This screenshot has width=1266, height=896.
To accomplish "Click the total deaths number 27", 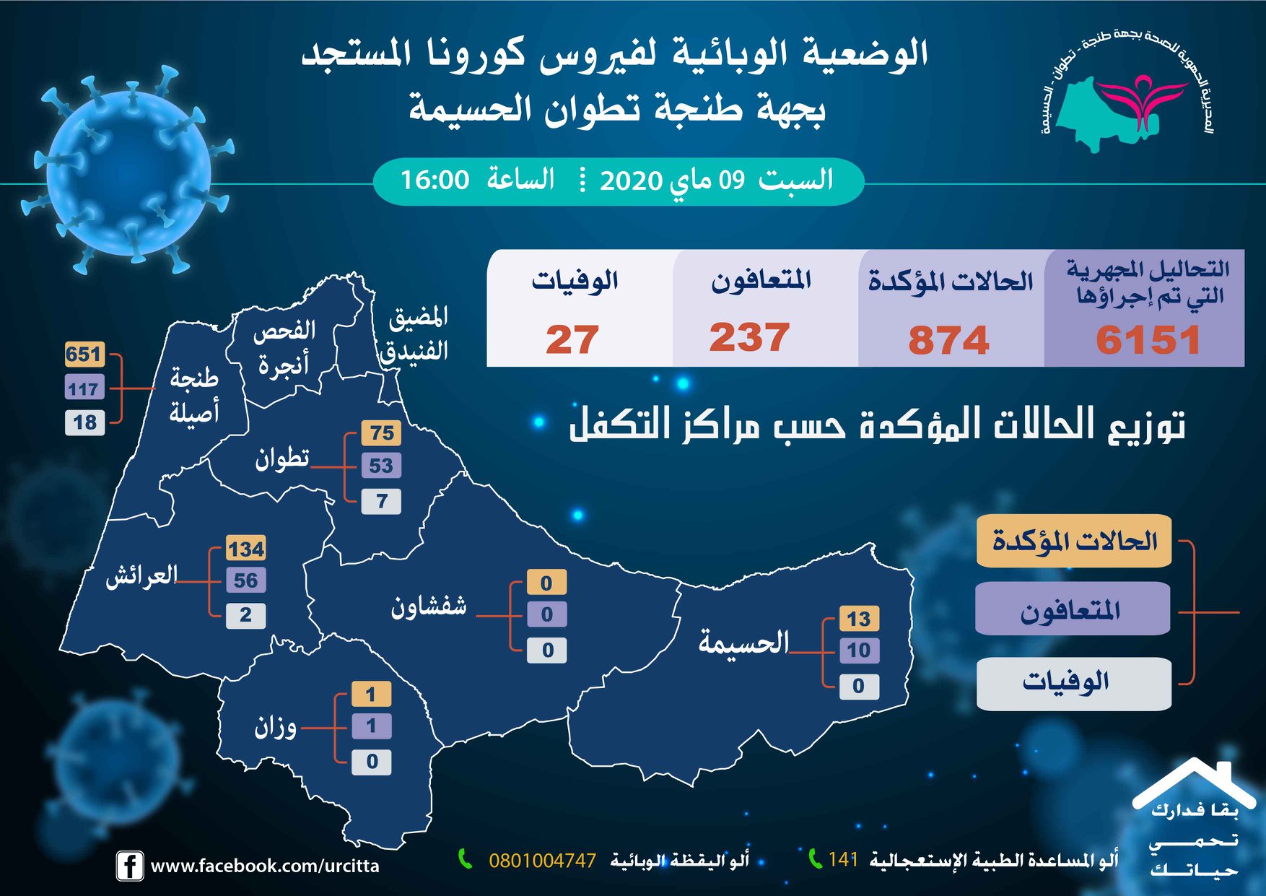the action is coord(572,339).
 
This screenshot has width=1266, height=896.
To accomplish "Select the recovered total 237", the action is coord(749,337).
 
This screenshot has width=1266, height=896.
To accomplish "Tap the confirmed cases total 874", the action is coord(948,340).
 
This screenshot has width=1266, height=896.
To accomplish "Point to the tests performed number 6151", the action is coord(1148,340).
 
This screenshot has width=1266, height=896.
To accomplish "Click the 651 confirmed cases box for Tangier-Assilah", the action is coord(84,355).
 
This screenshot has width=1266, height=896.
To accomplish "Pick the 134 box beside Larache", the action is coord(246,549).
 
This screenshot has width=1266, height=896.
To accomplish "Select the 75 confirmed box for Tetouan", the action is coord(382,433).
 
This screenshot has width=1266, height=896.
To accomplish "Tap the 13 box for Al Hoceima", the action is coord(859,619).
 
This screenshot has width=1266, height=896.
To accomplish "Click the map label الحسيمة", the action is coord(743,641).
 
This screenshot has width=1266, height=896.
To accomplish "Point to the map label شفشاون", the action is coord(429,605).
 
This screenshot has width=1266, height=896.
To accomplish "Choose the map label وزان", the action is coord(276,726).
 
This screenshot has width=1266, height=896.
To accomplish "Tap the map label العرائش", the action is coord(141,575).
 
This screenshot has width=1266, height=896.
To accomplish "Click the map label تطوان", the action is coord(282,458).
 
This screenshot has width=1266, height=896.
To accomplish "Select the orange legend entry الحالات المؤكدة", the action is coord(1074,541).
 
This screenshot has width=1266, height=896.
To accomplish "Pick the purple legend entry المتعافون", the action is coord(1073,609).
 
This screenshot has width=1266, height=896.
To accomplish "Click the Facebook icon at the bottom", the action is coord(129,866).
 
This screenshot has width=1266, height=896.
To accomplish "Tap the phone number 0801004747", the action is coord(542,861).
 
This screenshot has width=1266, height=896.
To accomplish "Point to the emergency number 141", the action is coord(843,859).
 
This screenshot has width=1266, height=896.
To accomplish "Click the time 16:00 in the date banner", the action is coord(435,180).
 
